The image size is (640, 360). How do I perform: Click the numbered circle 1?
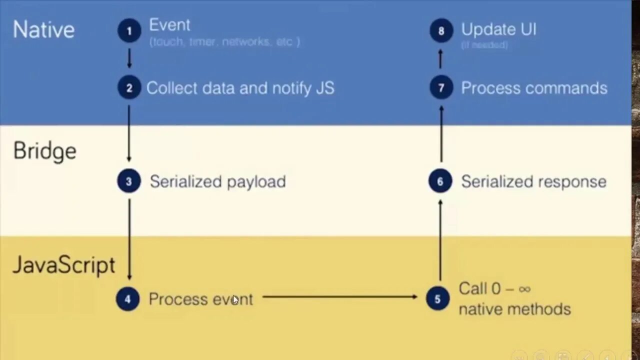point(129,31)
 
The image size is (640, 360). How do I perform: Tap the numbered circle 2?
point(129,88)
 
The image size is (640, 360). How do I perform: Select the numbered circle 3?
point(129,181)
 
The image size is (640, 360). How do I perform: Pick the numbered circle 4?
point(127,299)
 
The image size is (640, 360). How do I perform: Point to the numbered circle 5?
point(437,298)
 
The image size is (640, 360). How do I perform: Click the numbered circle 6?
point(440,181)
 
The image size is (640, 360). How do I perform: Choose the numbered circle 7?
point(441,88)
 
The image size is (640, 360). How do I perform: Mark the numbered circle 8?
point(441,31)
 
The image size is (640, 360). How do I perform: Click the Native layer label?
point(43,29)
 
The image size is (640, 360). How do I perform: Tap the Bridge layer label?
point(45,151)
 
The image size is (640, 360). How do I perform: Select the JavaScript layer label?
point(63,265)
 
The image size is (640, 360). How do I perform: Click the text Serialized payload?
point(217,181)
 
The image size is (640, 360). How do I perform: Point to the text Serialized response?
point(533,181)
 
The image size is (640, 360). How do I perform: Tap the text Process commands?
point(534,88)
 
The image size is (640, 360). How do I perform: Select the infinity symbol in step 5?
point(524,289)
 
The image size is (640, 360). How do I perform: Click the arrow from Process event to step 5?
point(340,297)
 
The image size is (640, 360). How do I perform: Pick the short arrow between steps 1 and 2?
point(129,58)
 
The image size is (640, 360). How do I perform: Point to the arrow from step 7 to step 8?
point(440,58)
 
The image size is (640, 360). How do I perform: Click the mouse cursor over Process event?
point(235,300)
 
